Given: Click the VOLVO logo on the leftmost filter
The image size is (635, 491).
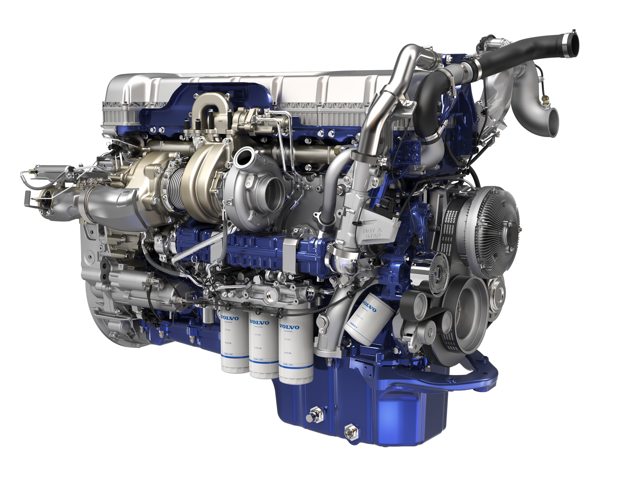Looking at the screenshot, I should (230, 318).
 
